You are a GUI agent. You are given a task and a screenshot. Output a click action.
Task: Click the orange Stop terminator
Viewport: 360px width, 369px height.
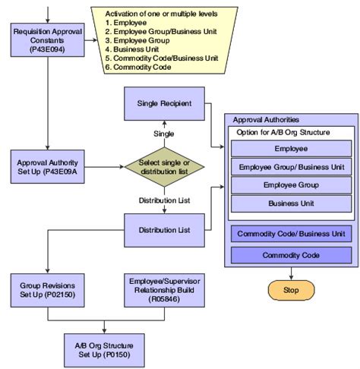(x=292, y=289)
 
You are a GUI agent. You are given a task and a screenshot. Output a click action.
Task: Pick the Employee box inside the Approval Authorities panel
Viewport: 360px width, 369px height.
(x=291, y=149)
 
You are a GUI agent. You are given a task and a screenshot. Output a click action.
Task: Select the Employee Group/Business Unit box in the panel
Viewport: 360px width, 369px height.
(x=291, y=167)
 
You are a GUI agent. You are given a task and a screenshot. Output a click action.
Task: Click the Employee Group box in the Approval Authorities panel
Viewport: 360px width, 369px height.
(x=291, y=185)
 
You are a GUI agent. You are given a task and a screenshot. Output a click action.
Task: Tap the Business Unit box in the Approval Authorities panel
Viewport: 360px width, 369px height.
(x=291, y=203)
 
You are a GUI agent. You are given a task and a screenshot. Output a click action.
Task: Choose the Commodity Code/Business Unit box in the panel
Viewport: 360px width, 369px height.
(x=291, y=233)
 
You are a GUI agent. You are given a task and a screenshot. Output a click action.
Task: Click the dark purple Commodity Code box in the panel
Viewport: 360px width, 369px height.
(x=291, y=256)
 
